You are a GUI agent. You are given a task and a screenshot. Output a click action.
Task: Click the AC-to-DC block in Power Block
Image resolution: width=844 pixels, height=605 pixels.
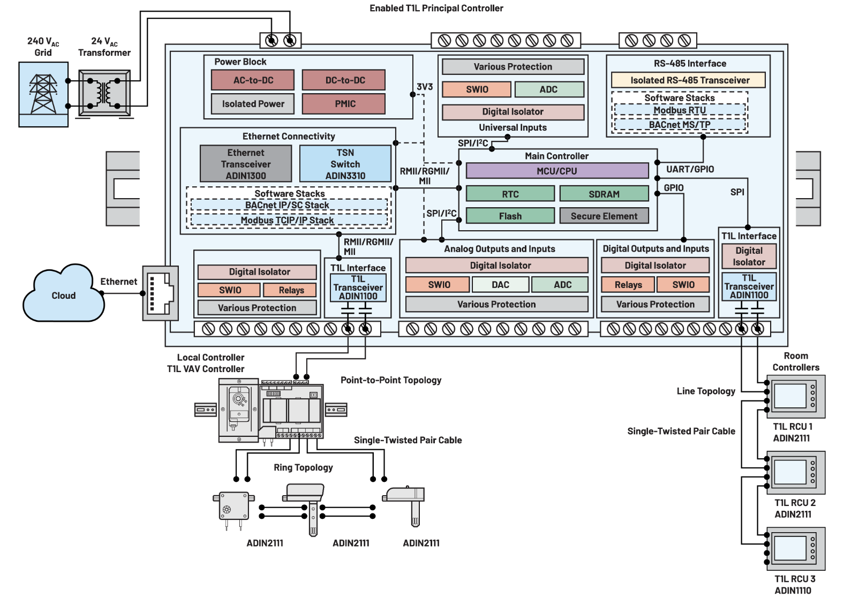tap(253, 80)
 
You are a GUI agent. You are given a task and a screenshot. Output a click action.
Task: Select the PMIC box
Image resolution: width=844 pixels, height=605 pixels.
tap(344, 104)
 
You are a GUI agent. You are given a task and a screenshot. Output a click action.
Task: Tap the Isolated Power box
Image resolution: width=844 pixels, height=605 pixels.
tap(253, 104)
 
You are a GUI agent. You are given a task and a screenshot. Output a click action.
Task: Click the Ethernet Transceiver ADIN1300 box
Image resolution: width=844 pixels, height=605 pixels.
tap(246, 164)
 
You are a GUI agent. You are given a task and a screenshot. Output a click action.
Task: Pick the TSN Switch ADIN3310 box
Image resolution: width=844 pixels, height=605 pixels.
tap(345, 164)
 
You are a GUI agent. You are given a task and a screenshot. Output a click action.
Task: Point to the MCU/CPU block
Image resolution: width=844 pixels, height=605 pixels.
tap(557, 171)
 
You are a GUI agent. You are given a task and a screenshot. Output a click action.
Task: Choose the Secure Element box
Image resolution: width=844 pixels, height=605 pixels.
tap(604, 216)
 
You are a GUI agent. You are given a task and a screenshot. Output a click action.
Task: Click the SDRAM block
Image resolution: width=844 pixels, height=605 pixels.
tap(604, 194)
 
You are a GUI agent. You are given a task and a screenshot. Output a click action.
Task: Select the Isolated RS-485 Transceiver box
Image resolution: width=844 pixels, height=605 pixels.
tap(689, 80)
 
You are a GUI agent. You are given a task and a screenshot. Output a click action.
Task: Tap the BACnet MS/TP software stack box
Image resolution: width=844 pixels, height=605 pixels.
tap(680, 125)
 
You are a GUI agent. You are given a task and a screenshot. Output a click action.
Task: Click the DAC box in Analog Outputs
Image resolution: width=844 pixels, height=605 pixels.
tap(500, 285)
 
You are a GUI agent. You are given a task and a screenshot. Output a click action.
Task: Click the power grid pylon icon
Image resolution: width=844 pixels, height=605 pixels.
tap(43, 94)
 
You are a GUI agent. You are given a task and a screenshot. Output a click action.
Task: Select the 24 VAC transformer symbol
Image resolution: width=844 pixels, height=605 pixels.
tap(104, 93)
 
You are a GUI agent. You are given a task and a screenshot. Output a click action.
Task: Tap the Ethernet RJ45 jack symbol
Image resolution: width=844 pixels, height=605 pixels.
tap(160, 293)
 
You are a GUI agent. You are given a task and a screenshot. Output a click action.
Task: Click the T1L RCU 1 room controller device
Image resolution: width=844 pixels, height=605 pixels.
tap(795, 397)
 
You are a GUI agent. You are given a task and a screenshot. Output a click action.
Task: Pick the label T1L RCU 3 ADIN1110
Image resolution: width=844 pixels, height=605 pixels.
tap(794, 585)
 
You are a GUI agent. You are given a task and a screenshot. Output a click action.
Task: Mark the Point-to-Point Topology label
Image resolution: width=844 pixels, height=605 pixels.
tap(391, 380)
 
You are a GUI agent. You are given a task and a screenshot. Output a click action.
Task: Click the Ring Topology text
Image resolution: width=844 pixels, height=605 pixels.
tap(303, 467)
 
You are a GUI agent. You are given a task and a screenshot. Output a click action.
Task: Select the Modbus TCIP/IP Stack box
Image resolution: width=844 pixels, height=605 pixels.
tap(288, 220)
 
